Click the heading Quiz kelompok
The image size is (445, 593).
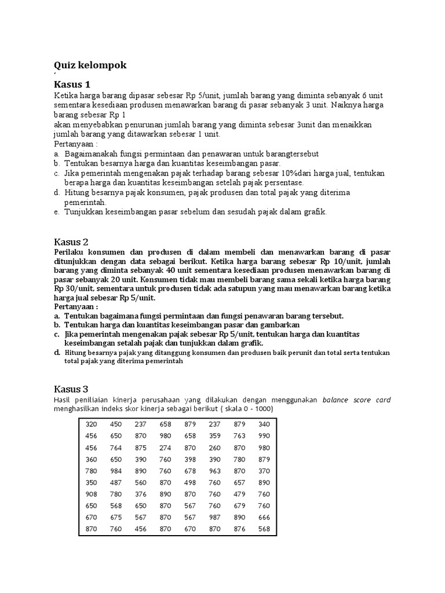[90, 65]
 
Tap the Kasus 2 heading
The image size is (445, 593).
[72, 241]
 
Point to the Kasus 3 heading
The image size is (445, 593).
[72, 388]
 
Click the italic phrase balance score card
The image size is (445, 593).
[356, 400]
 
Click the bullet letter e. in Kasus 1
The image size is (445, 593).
[57, 212]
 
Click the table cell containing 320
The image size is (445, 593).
[91, 424]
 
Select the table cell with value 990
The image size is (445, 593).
[264, 435]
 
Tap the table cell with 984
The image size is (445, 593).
[116, 470]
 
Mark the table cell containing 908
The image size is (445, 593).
[91, 493]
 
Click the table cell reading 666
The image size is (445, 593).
[264, 517]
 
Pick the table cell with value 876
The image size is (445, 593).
[239, 528]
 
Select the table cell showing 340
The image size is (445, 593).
[264, 424]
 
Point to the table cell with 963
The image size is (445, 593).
[215, 470]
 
